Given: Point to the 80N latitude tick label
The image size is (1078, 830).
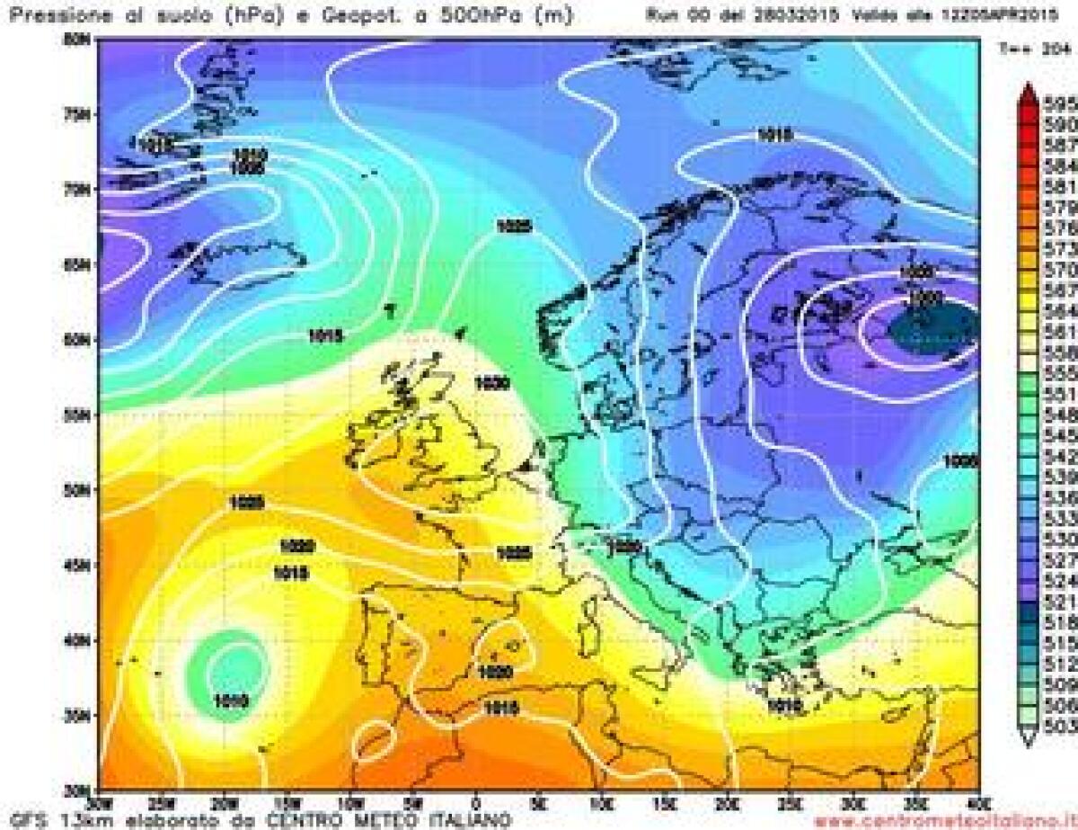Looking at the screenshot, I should [83, 40].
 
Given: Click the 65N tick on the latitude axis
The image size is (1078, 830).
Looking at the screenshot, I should [83, 265].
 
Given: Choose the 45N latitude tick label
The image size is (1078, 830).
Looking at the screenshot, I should [83, 566].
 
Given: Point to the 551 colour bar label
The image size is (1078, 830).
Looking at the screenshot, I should [1060, 393].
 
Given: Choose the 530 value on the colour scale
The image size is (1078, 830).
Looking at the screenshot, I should [1060, 539].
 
